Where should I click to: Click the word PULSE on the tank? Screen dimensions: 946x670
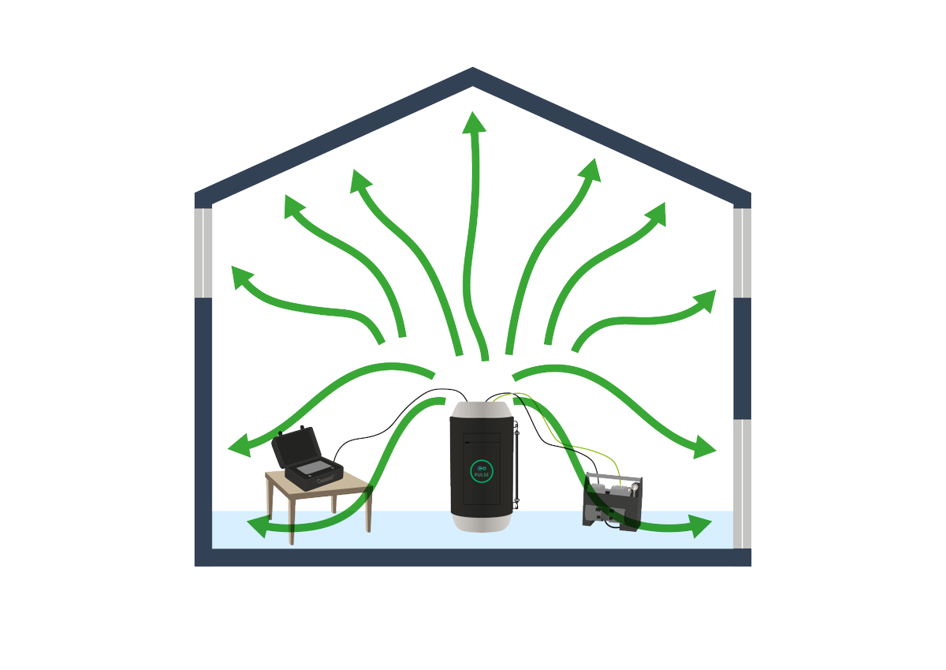(x=482, y=475)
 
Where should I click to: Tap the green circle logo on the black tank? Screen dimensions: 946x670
(x=482, y=471)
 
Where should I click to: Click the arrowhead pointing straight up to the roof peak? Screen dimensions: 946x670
(x=474, y=122)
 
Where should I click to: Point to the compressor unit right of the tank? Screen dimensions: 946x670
(x=613, y=502)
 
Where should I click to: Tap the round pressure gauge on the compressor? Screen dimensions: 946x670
(x=635, y=489)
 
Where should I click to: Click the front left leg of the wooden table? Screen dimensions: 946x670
(x=292, y=520)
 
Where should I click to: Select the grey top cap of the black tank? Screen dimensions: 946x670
(x=482, y=410)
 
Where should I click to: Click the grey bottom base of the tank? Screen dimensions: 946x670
(x=482, y=522)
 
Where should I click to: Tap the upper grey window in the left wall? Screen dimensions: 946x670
(x=203, y=253)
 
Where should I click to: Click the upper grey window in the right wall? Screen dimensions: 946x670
(x=742, y=253)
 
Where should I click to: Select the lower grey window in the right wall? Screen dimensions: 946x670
(x=742, y=484)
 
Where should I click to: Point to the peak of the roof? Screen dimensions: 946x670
(x=472, y=68)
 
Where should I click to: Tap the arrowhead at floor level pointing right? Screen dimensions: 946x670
(x=701, y=526)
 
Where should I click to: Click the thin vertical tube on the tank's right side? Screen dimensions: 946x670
(x=516, y=465)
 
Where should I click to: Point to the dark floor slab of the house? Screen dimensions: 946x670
(x=472, y=558)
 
